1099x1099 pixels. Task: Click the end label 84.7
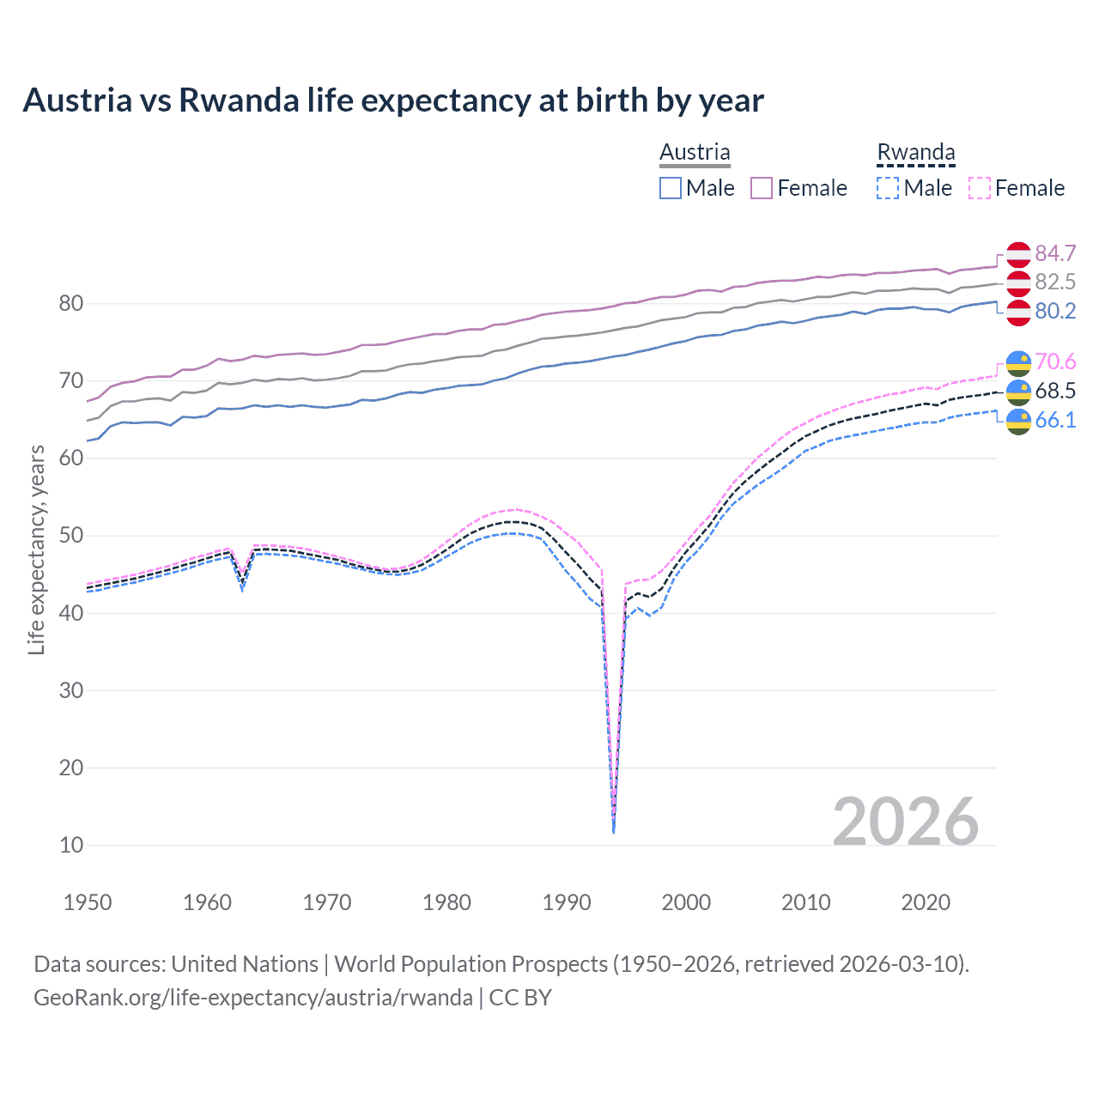coord(1055,253)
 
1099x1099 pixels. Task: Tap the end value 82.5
coord(1055,282)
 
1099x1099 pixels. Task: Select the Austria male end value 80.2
coord(1055,311)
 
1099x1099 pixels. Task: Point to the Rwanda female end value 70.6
coord(1055,361)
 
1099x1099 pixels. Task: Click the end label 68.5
coord(1055,391)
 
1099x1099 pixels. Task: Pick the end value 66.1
coord(1055,420)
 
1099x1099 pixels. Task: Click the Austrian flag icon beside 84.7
coord(1018,254)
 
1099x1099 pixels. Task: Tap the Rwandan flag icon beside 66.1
coord(1018,421)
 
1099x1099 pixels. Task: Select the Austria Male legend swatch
coord(671,188)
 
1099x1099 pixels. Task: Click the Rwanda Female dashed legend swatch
coord(980,188)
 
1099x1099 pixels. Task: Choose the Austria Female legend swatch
coord(762,188)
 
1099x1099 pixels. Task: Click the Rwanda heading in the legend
coord(915,153)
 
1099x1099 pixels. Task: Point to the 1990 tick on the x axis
coord(567,902)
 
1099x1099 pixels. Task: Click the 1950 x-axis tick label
coord(88,902)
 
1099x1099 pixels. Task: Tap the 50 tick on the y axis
coord(71,536)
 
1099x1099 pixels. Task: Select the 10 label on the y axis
coord(71,845)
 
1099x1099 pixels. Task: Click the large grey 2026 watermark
coord(905,822)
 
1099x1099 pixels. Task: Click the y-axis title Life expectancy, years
coord(36,549)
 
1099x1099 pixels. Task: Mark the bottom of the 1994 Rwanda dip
coord(613,831)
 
